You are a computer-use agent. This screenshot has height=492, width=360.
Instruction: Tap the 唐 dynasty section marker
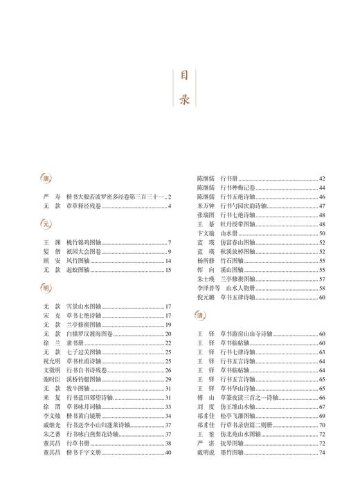46,179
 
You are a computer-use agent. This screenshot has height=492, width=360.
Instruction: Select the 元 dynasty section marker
46,224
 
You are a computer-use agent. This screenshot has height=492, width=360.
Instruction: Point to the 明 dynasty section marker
46,287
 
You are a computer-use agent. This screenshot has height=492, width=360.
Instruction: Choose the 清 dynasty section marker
199,316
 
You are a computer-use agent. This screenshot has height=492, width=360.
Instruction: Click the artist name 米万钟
206,206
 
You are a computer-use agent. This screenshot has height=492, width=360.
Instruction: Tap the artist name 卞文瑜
206,234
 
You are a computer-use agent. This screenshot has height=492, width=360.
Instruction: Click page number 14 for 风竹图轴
168,261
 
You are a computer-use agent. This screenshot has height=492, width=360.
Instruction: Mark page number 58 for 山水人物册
322,288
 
